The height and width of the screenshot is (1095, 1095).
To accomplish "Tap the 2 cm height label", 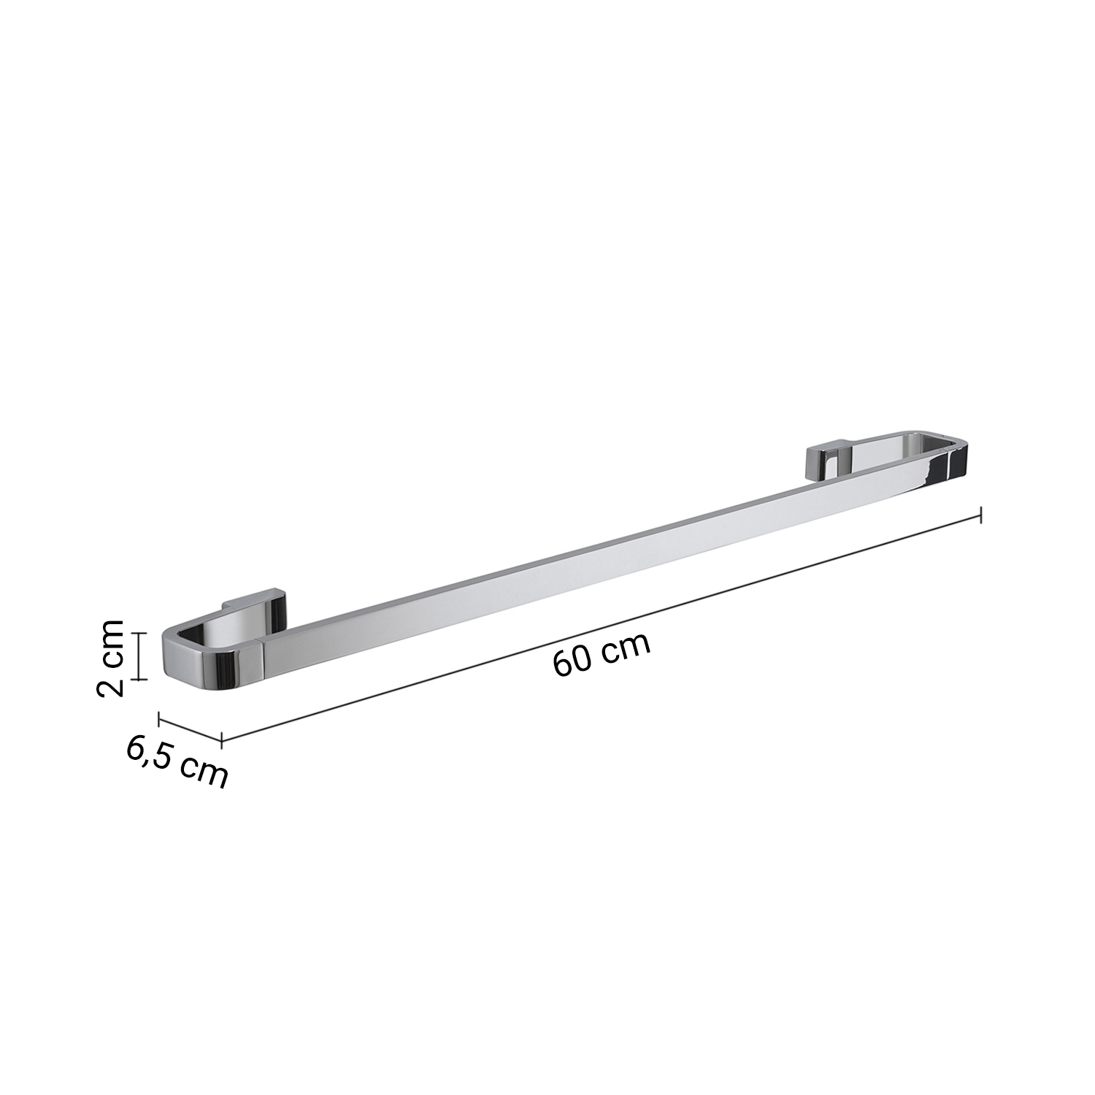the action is click(x=111, y=656).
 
